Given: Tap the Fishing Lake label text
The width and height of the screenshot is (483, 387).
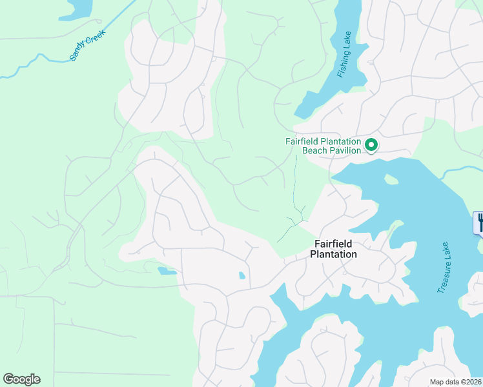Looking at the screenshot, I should (344, 54).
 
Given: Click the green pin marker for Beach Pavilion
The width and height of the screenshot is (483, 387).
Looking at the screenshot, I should (371, 146).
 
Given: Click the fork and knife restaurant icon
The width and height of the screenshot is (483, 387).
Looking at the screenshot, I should (480, 223).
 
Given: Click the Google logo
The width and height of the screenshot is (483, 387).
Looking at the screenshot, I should (21, 379).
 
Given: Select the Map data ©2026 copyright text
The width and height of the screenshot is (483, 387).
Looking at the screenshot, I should (455, 382).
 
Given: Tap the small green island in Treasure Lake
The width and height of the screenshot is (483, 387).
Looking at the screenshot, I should (391, 179).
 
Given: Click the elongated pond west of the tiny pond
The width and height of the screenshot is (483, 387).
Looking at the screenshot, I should (167, 271).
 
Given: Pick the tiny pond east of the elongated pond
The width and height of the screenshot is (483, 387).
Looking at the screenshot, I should (242, 275).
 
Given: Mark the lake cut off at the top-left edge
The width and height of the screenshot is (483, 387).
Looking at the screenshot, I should (76, 7).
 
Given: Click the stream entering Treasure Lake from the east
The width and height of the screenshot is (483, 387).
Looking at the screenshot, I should (461, 172).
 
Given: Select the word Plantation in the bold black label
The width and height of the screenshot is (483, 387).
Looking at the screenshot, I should (333, 254).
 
